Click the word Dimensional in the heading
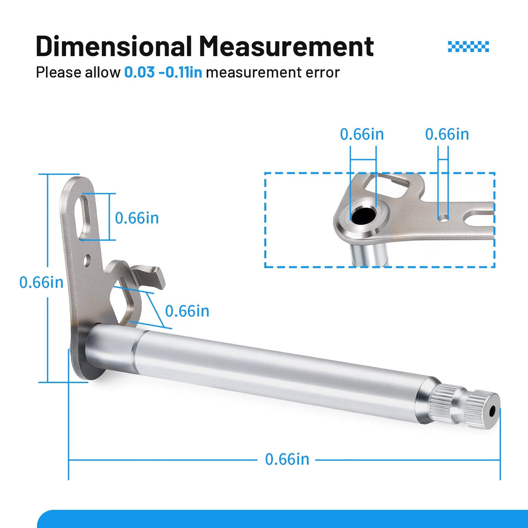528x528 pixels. point(114,46)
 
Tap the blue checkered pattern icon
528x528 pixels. point(468,46)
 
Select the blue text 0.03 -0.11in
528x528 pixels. point(163,72)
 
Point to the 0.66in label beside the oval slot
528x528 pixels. point(137,218)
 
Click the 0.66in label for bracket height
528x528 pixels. point(41,282)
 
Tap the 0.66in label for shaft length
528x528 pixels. point(287,459)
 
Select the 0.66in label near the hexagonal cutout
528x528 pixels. point(187,311)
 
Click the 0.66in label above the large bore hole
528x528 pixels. point(361,134)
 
